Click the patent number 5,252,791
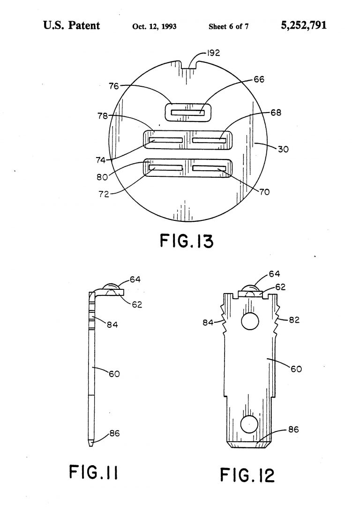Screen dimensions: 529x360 [x=304, y=25]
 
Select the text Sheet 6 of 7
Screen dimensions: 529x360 [x=228, y=26]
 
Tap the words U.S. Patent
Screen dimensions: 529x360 [x=71, y=25]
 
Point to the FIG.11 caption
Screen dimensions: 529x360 [x=94, y=473]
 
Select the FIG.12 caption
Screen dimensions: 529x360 [x=247, y=475]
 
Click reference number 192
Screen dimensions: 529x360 [x=214, y=53]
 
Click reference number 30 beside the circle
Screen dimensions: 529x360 [x=283, y=150]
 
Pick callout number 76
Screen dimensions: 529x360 [x=114, y=86]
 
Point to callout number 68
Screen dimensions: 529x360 [x=276, y=113]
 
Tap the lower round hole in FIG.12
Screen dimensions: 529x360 [x=249, y=424]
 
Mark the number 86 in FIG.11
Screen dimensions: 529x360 [x=114, y=433]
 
